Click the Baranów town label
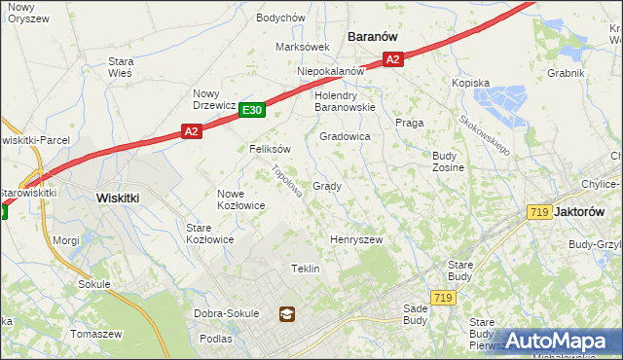tap(374, 36)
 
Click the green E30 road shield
tap(251, 110)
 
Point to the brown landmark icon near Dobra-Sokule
tap(286, 313)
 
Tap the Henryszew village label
tap(356, 239)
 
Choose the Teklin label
tap(306, 269)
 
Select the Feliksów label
tap(270, 150)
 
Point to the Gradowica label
tap(345, 137)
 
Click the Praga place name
tap(407, 123)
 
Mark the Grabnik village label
tap(565, 73)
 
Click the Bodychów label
tap(280, 18)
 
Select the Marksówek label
tap(303, 47)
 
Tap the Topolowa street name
tap(287, 181)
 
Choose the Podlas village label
tap(215, 339)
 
